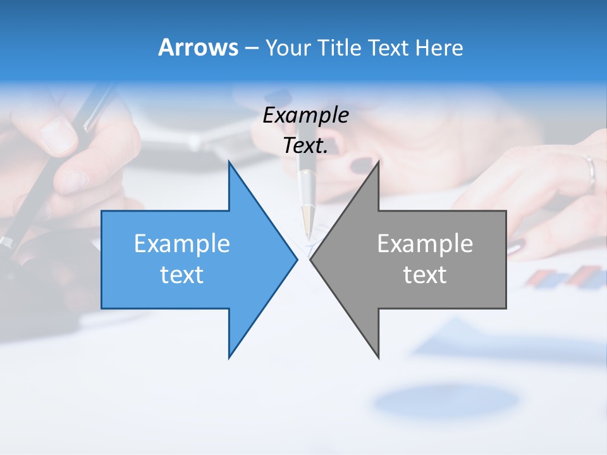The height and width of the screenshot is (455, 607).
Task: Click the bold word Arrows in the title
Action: [198, 47]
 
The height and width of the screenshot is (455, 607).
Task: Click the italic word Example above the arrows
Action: [305, 115]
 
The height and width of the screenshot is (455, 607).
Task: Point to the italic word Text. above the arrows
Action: [305, 145]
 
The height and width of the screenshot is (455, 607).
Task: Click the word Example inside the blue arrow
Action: [182, 243]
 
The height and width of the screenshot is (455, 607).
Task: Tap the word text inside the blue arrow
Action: [182, 274]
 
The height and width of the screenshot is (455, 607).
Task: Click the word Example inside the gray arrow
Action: [425, 243]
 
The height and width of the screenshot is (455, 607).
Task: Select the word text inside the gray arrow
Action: [425, 274]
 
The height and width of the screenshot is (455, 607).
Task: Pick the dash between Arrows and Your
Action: [251, 47]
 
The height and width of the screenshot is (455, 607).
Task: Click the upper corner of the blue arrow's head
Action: [230, 163]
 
